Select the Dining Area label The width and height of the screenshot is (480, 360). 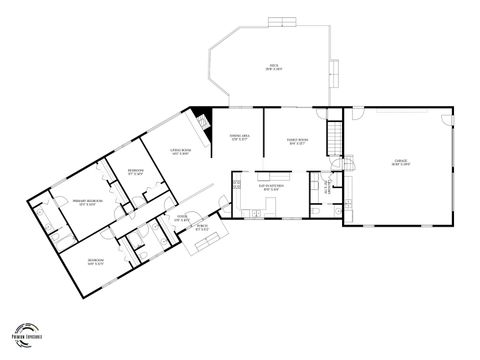click(x=239, y=137)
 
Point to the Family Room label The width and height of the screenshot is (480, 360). click(x=298, y=141)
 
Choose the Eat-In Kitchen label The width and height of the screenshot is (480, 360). click(x=272, y=187)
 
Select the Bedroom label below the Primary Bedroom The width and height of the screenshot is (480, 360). click(x=96, y=264)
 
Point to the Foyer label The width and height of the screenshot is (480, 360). click(x=183, y=218)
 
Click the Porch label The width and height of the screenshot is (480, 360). click(x=201, y=229)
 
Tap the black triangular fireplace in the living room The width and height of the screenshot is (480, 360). click(x=203, y=118)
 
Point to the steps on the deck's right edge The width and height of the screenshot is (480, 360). click(x=336, y=72)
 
